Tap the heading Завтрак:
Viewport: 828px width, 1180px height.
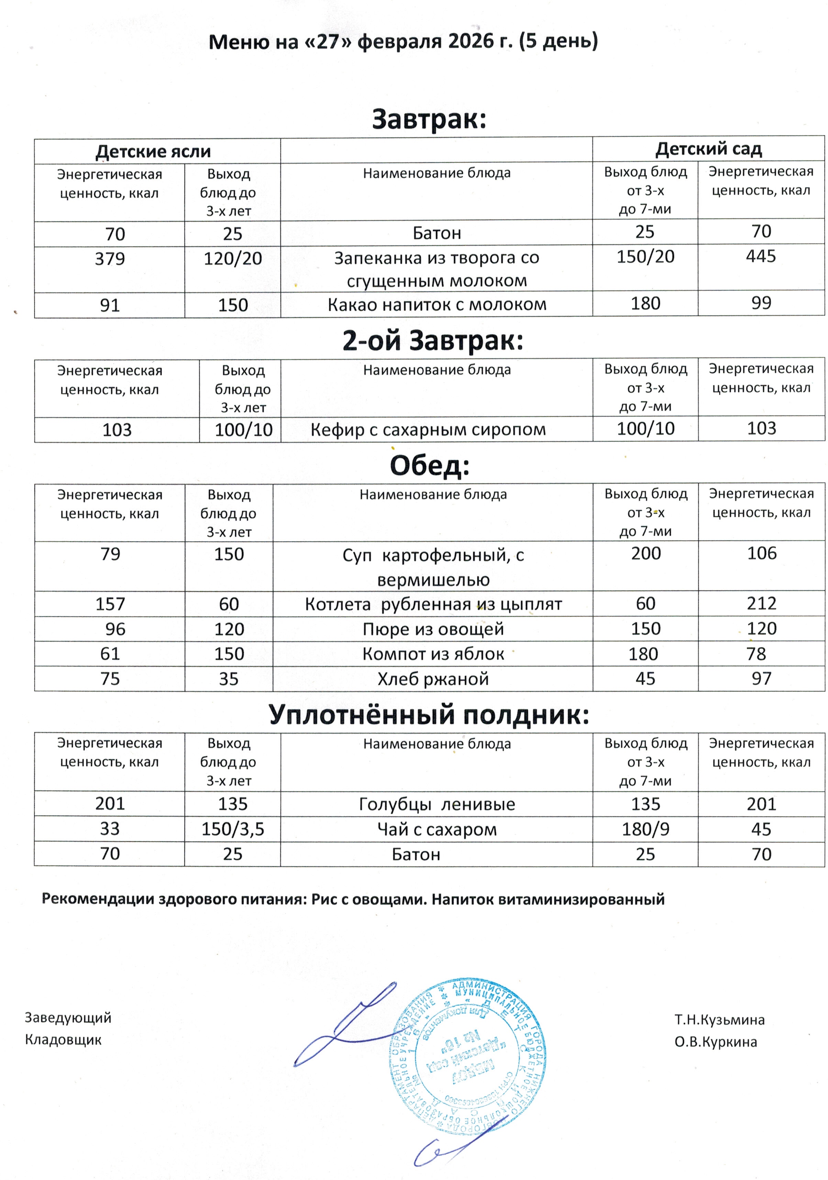pos(429,119)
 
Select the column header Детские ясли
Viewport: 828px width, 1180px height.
pos(153,151)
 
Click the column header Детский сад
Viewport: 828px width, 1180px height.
pos(708,149)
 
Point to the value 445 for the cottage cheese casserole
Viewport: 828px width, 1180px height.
pos(761,256)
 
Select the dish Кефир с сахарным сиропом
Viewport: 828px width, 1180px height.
pos(428,429)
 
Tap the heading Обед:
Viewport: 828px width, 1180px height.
pos(429,466)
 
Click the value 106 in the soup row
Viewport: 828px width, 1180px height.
pos(761,554)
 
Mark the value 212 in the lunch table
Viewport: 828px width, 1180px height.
pos(761,603)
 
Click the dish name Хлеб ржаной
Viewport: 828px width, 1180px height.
pos(433,679)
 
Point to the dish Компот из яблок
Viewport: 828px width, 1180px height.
pos(433,654)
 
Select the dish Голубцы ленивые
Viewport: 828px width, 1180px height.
pos(437,804)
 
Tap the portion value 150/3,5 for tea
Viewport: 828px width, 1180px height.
pos(232,829)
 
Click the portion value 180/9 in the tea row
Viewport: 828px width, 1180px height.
pos(645,829)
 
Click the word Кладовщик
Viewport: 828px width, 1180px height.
pos(63,1040)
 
